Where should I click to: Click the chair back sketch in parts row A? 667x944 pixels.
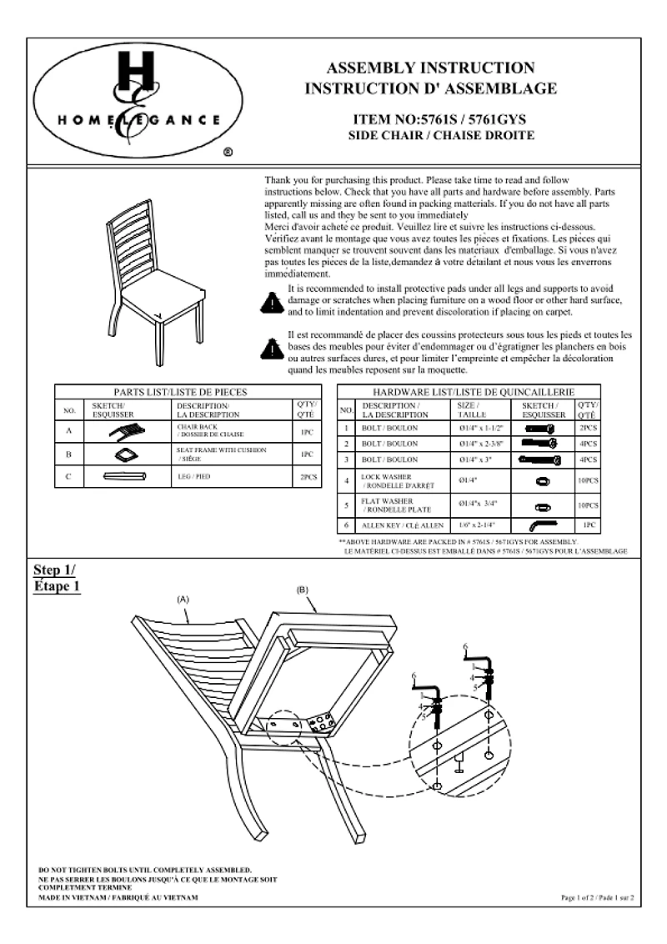(x=126, y=431)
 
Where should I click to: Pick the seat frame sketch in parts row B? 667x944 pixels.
(x=126, y=454)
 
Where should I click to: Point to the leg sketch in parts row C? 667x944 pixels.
(x=126, y=477)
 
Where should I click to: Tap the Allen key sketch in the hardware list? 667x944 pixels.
(x=541, y=525)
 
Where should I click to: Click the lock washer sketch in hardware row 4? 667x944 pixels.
(x=541, y=481)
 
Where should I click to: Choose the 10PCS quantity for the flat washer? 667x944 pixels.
(x=588, y=505)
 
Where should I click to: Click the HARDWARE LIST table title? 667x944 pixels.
(x=474, y=391)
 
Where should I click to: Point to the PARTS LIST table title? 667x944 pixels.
(x=181, y=391)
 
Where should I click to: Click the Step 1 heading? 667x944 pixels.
(x=57, y=577)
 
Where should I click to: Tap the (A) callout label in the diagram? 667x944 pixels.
(x=183, y=599)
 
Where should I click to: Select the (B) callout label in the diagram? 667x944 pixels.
(x=303, y=590)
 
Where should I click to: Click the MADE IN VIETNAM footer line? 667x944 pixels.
(x=118, y=896)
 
